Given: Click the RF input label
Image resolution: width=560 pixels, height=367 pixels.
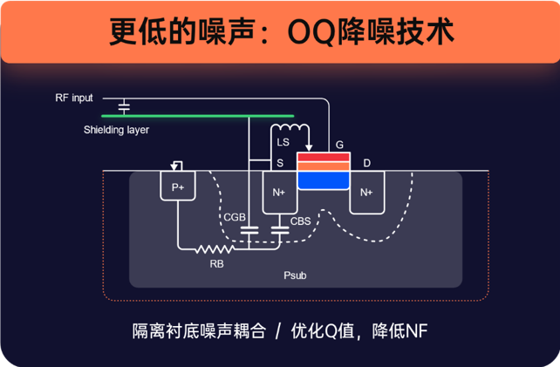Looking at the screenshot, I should (x=74, y=98).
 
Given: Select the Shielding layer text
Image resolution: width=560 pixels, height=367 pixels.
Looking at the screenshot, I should (x=116, y=130).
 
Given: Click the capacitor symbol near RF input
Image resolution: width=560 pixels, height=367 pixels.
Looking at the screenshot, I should (x=124, y=106).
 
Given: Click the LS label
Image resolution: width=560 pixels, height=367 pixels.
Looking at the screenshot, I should (x=283, y=142).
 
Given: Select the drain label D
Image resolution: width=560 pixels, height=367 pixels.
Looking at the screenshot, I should (x=367, y=163).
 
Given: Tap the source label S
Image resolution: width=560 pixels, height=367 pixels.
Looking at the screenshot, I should (x=280, y=163).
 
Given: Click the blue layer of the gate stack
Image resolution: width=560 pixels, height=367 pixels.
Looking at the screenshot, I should (x=324, y=180).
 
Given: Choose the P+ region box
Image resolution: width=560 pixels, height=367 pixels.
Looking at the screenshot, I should (x=178, y=187).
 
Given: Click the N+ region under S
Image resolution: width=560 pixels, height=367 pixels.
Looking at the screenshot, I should (x=280, y=192).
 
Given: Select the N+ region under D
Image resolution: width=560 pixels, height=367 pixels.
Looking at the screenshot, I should (x=366, y=192).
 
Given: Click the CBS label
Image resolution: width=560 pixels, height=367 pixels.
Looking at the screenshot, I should (x=300, y=221).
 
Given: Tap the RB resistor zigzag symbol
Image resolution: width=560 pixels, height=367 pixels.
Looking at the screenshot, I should (x=210, y=249).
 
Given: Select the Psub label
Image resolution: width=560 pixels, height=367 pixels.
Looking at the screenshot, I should (x=296, y=275).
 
